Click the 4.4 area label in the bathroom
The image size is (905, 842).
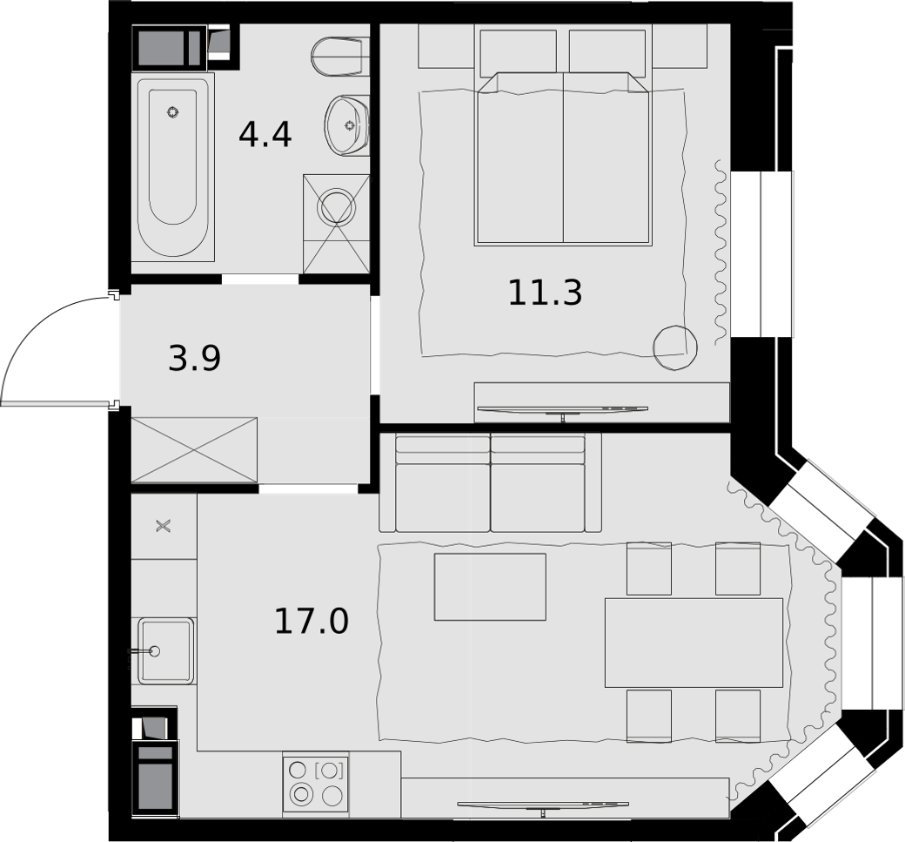coord(265,135)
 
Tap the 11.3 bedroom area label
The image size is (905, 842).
coord(545,293)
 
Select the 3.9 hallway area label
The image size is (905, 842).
coord(195,359)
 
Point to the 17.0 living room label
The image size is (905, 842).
coord(312,622)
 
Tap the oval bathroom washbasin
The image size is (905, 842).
coord(346,125)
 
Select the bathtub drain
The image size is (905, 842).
coord(172,112)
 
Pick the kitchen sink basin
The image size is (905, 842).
coord(164,650)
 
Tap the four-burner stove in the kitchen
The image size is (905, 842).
coord(316,785)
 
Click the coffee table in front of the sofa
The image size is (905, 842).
coord(490,587)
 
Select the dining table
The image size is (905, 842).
coord(694,643)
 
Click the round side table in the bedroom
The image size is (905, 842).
coord(674,347)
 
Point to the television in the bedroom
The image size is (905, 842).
coord(562,409)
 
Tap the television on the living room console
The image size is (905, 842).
coord(543,805)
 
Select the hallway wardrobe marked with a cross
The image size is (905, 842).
coord(195,449)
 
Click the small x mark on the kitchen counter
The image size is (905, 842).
coord(164,526)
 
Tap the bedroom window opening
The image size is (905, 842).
coord(761,253)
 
